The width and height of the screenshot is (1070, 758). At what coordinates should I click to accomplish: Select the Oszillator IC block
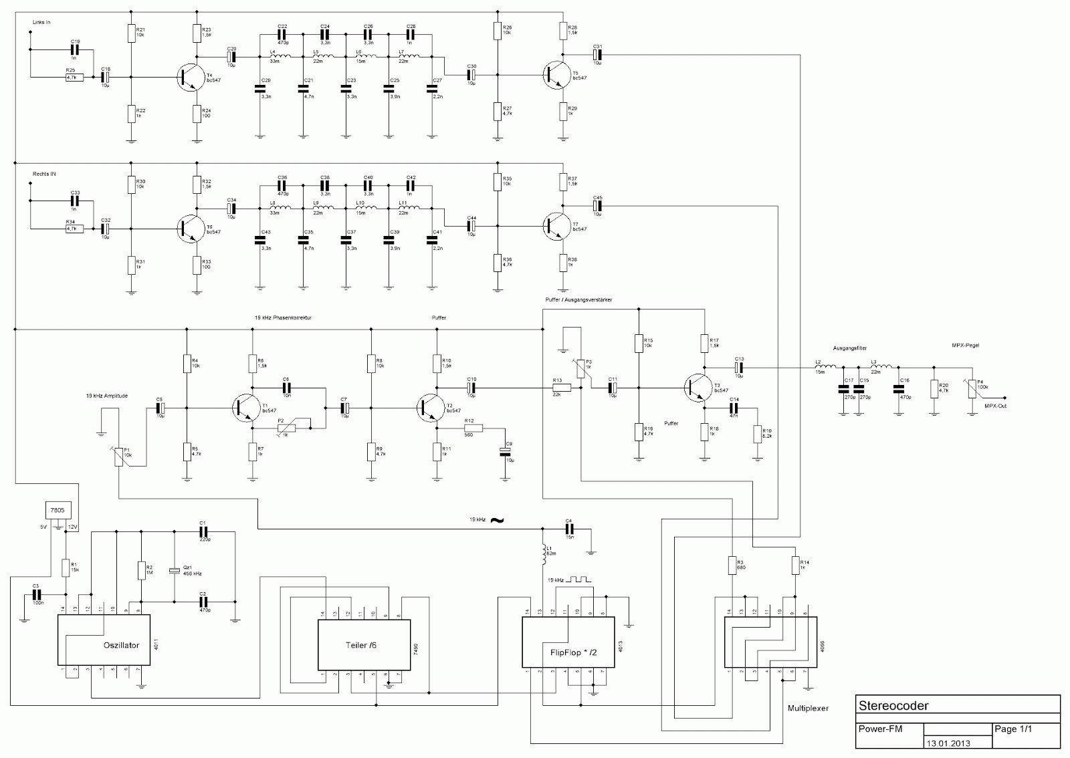(104, 640)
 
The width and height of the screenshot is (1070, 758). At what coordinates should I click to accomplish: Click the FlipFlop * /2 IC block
(568, 642)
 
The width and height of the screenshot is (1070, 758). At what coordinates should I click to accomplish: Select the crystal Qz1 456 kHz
(174, 570)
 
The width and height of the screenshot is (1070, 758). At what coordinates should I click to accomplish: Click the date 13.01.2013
(948, 743)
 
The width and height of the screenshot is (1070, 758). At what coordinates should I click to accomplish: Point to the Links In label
(41, 22)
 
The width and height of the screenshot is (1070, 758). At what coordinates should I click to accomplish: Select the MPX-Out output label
(995, 404)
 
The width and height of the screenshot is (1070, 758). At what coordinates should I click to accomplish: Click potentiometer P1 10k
(119, 457)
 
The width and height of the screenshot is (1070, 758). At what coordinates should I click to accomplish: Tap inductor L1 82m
(545, 552)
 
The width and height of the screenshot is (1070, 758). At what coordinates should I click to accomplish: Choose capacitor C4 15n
(568, 529)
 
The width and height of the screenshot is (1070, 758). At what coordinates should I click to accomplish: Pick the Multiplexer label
(808, 708)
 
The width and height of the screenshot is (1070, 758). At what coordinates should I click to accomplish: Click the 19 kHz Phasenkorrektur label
(283, 318)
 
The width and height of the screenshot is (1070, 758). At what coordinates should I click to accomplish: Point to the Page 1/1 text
(1013, 729)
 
